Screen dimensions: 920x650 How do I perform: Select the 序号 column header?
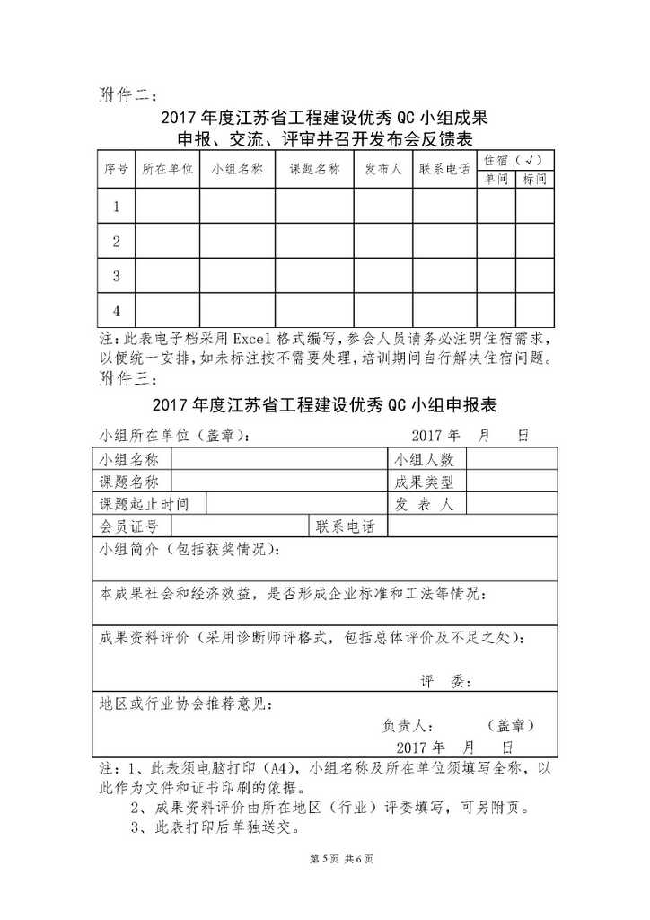[115, 169]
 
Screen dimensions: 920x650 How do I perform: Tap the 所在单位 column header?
[167, 169]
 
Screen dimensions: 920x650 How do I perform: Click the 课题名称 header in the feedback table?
[314, 169]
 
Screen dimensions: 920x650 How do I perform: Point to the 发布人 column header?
[383, 169]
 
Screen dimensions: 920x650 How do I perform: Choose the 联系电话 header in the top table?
[444, 169]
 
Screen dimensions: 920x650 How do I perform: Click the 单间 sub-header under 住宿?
[496, 179]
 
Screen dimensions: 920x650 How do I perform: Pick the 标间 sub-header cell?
[534, 179]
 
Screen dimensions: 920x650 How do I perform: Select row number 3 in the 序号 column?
[116, 276]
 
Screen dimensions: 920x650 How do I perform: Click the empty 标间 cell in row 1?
[534, 207]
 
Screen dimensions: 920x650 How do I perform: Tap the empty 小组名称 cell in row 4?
[237, 310]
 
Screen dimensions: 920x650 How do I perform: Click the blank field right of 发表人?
[510, 504]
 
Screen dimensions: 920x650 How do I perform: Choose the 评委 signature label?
[446, 682]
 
